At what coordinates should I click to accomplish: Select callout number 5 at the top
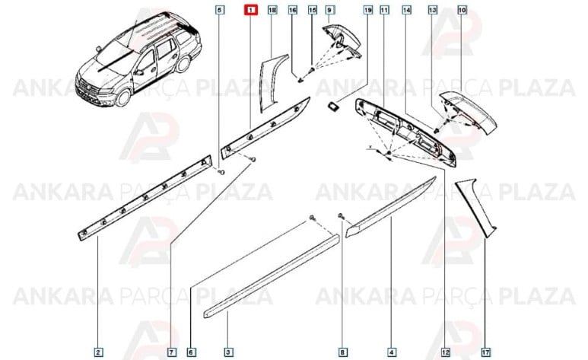point(220,11)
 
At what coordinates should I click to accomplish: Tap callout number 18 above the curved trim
point(272,11)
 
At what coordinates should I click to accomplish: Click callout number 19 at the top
point(367,11)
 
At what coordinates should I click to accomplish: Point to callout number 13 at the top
point(433,11)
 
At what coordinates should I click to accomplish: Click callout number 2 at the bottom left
point(99,352)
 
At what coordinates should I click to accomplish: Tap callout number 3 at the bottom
point(228,352)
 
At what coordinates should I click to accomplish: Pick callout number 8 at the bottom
point(342,352)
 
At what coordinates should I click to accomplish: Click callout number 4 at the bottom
point(390,352)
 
